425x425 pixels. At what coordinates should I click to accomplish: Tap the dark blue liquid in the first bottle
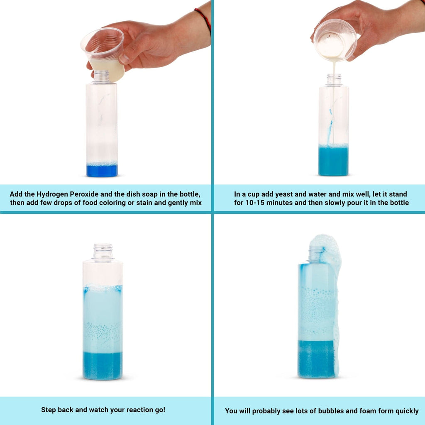pyautogui.click(x=102, y=171)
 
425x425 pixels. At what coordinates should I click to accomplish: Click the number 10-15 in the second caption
pyautogui.click(x=255, y=203)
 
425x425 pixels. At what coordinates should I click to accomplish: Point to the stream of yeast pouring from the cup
pyautogui.click(x=334, y=103)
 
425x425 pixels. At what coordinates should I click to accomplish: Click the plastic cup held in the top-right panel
pyautogui.click(x=335, y=40)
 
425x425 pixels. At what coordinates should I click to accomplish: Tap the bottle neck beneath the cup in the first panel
pyautogui.click(x=101, y=76)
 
